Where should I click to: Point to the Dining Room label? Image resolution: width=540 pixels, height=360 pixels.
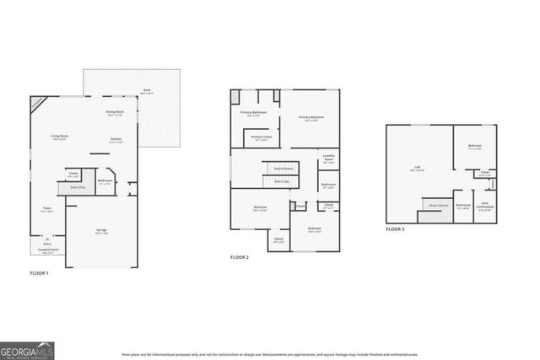click(x=116, y=112)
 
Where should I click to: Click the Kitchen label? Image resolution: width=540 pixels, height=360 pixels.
click(x=116, y=140)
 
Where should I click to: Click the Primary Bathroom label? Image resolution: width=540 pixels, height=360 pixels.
click(x=254, y=112)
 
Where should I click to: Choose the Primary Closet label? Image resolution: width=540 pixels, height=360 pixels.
click(x=262, y=137)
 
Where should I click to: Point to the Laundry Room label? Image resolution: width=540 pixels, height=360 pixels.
click(x=329, y=159)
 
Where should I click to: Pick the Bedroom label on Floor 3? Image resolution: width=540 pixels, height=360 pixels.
click(x=475, y=147)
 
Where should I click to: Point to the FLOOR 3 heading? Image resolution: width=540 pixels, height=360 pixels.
click(x=396, y=229)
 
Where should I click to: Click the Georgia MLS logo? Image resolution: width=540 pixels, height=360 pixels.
click(x=27, y=348)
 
